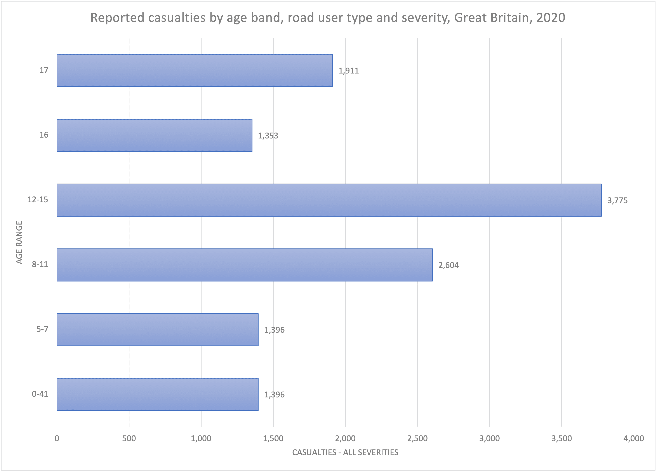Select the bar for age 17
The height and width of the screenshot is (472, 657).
(195, 70)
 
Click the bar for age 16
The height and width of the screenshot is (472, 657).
(154, 135)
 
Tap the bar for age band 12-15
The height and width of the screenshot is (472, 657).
(329, 200)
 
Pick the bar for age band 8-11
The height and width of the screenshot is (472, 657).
(245, 265)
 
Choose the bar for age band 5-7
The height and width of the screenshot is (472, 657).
(158, 330)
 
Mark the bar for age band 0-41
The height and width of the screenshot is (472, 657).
(158, 394)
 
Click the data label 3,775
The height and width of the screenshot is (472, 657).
(617, 201)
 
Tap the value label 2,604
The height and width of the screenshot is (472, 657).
(448, 265)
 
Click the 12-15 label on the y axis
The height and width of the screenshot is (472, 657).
(38, 200)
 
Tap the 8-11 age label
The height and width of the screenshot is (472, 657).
(40, 264)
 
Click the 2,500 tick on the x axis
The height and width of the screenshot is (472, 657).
(417, 438)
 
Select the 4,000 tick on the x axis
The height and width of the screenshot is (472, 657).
(634, 438)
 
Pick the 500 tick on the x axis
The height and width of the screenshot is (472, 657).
(129, 438)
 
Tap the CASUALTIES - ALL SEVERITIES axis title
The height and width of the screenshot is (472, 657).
(345, 453)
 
